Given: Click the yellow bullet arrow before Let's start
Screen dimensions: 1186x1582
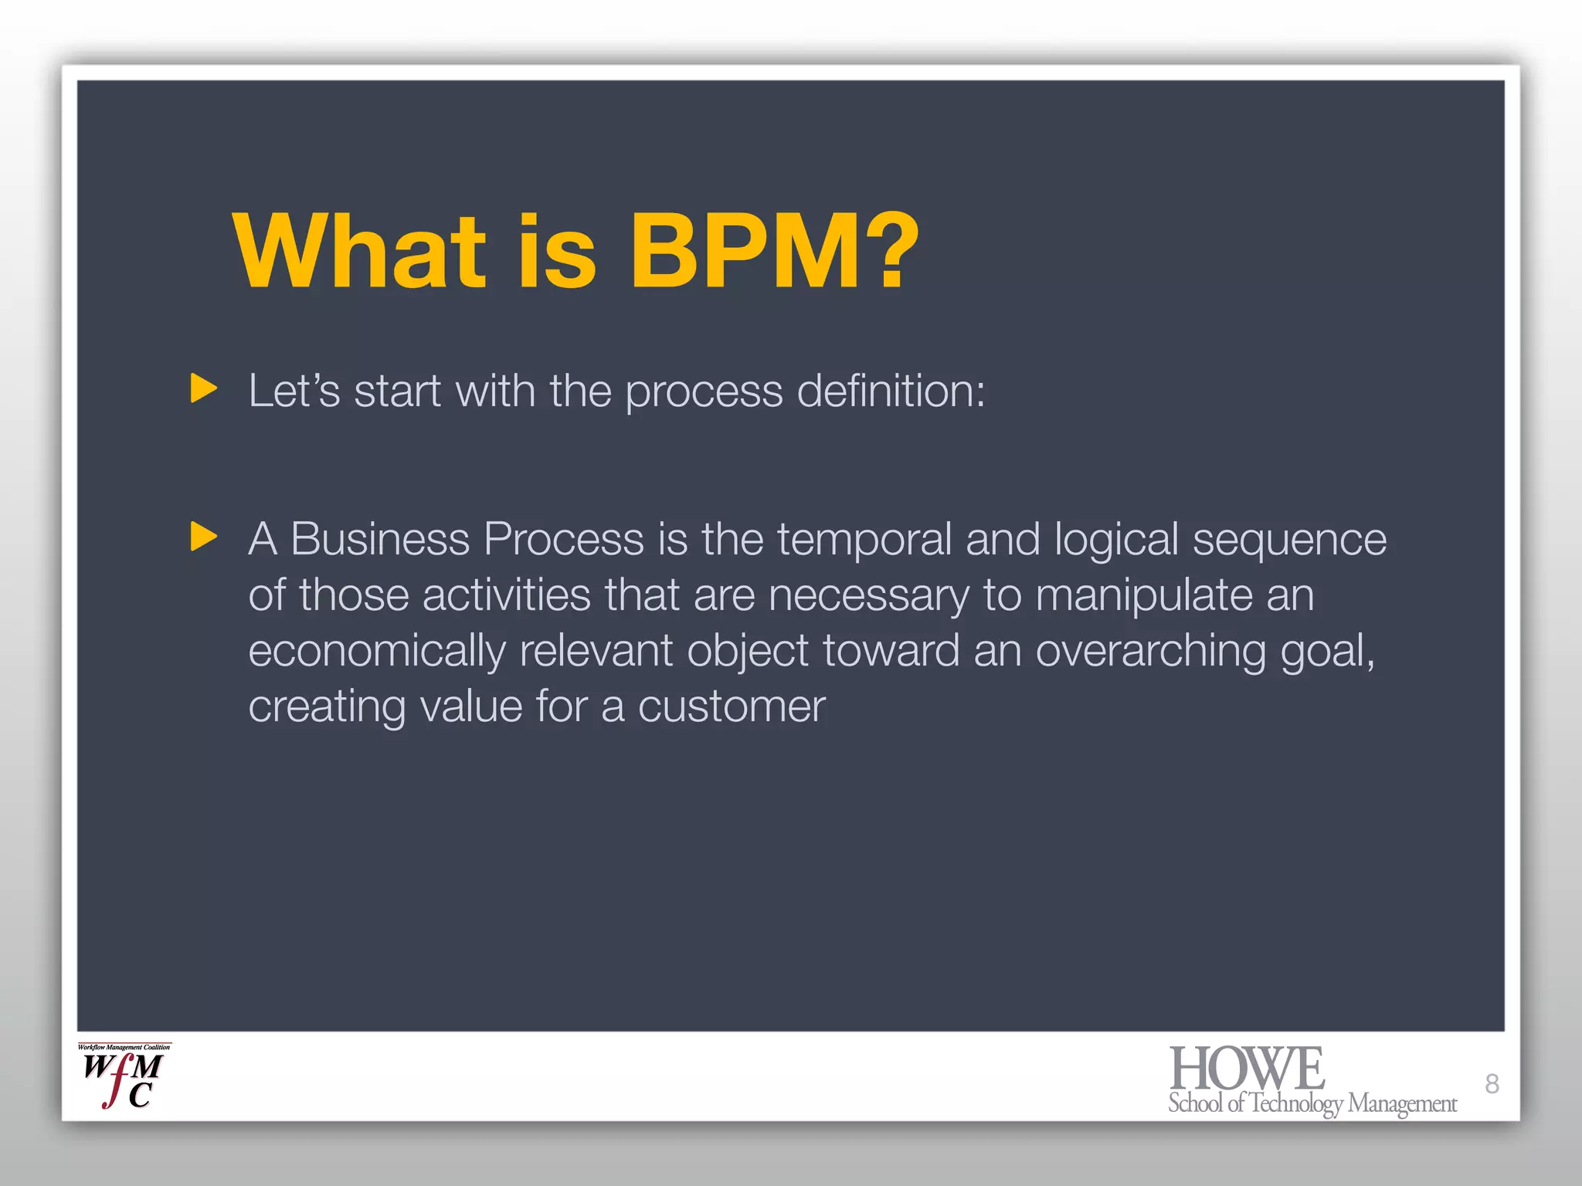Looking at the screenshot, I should (203, 388).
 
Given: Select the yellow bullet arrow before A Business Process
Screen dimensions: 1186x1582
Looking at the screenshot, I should (203, 537).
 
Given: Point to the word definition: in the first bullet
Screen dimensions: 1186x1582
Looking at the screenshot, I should (891, 391).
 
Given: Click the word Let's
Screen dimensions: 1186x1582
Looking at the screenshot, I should (294, 391).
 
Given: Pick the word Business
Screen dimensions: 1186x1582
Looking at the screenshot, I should (379, 539).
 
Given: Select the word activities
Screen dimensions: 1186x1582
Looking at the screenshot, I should (506, 595).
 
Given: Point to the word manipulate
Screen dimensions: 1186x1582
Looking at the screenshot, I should (1144, 596).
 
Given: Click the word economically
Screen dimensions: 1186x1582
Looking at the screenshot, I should (376, 652).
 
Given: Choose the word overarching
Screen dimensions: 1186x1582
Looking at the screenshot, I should (1150, 652).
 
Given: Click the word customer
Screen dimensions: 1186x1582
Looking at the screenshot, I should (731, 707).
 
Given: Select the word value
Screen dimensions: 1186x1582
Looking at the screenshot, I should (470, 707).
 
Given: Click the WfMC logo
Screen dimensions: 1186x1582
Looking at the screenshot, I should (124, 1076).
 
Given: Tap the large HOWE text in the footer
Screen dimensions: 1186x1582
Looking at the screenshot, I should (1247, 1069).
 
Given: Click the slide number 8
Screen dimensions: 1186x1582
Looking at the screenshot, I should (1492, 1084).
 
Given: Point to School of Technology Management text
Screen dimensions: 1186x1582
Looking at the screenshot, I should (1312, 1104).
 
